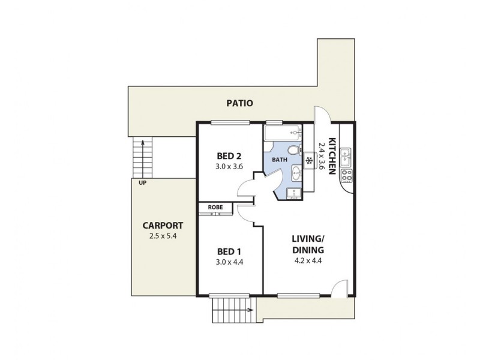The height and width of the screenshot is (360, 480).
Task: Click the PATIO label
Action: click(x=239, y=103)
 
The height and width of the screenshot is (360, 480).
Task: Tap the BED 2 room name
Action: click(x=229, y=156)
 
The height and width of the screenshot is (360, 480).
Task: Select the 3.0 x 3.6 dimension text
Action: click(x=229, y=167)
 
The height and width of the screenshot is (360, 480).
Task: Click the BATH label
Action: click(x=280, y=160)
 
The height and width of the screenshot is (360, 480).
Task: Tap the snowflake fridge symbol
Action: click(x=310, y=161)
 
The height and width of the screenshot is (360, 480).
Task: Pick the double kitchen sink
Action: click(x=347, y=157)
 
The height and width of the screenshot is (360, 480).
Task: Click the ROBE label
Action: click(x=215, y=208)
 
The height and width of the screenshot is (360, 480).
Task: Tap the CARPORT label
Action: click(x=163, y=226)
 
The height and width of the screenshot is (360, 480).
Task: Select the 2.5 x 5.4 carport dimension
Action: click(x=163, y=236)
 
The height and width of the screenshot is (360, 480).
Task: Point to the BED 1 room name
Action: click(x=229, y=251)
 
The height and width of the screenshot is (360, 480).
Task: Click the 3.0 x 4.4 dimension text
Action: click(x=229, y=262)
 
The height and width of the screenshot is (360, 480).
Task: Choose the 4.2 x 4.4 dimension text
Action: click(x=308, y=261)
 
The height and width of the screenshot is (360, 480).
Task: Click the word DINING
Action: click(x=308, y=250)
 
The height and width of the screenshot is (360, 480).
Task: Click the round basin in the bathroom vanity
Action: click(x=297, y=175)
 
